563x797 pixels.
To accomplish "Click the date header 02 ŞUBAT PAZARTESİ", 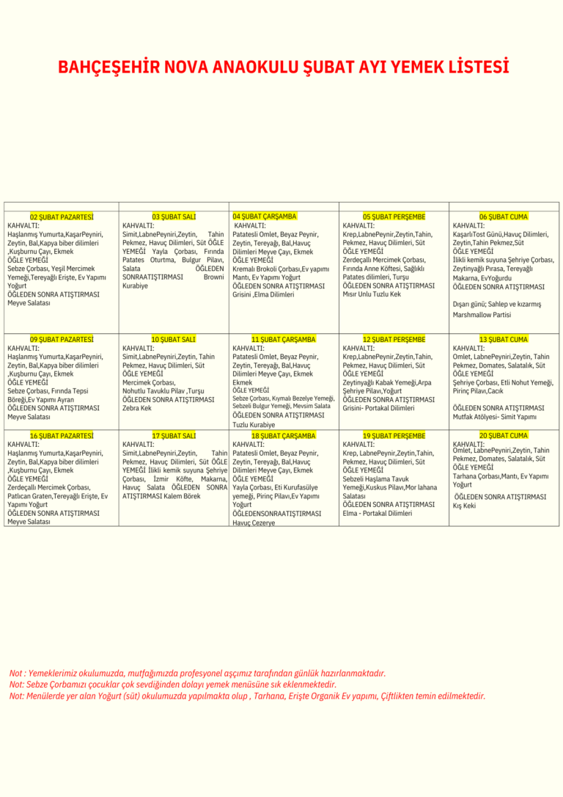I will tap(62, 217).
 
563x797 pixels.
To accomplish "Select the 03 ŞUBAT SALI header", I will tap(174, 217).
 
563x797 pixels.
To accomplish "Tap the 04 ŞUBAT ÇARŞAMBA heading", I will tap(264, 216).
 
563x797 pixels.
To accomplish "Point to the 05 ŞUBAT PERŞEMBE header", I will tap(394, 217).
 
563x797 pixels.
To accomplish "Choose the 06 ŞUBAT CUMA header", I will tap(503, 217).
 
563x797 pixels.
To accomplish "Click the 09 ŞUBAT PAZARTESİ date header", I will tap(62, 340).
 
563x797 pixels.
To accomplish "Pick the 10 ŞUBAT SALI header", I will tap(174, 340).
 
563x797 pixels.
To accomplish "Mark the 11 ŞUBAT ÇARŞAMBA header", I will tap(283, 340).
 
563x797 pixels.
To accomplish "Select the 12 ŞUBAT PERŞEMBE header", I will tap(394, 340).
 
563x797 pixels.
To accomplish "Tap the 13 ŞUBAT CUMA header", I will tap(503, 340).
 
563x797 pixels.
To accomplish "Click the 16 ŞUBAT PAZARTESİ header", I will tap(62, 436).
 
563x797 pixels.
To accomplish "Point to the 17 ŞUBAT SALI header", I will tap(174, 436).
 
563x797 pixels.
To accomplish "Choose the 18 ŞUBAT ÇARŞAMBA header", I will tap(283, 436).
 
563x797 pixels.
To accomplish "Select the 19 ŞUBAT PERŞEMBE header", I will tap(394, 436).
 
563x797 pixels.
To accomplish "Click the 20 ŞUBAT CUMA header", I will tap(503, 436).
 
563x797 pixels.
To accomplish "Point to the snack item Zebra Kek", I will tap(137, 408).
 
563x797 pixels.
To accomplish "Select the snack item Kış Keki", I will tap(464, 506).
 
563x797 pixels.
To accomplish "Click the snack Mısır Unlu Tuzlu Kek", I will tap(372, 294).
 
